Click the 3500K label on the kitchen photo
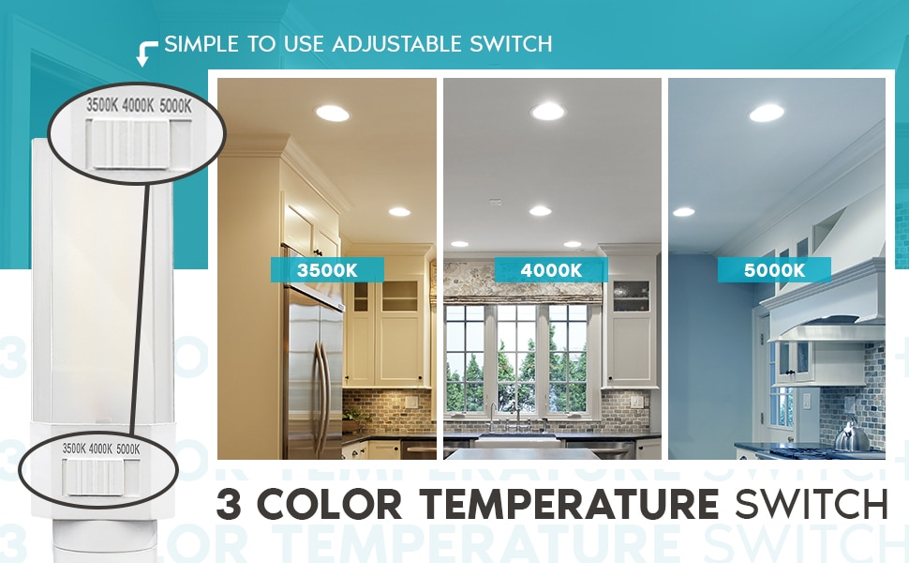coord(327,270)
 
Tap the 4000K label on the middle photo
coord(551,270)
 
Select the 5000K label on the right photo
coord(774,270)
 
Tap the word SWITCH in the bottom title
coord(812,505)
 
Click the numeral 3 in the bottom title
coord(229,505)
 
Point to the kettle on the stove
coord(851,436)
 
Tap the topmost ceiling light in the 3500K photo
coord(332,114)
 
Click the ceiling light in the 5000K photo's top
coord(767,114)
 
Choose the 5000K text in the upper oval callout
coord(174,106)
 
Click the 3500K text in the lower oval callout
coord(73,449)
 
